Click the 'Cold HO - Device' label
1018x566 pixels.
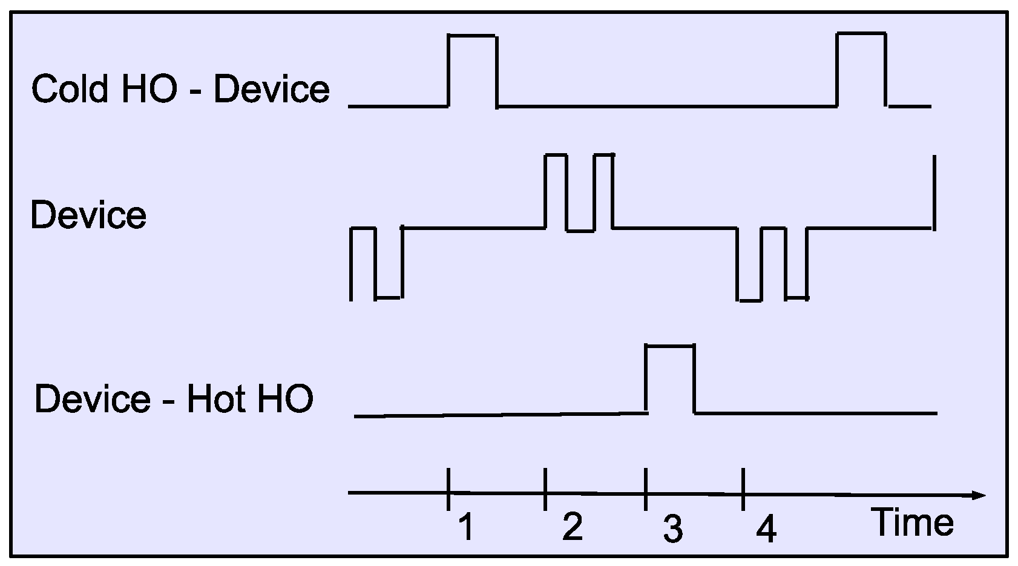click(x=180, y=89)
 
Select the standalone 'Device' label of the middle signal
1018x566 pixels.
click(x=88, y=216)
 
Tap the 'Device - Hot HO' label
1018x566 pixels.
click(x=174, y=399)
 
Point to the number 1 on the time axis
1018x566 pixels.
click(x=465, y=526)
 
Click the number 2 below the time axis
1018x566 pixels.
click(x=572, y=526)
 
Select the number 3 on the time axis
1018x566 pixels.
click(x=672, y=528)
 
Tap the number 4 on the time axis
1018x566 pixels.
click(x=766, y=530)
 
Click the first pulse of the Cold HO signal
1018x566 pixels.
click(x=473, y=70)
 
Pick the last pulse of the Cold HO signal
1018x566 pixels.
click(x=861, y=68)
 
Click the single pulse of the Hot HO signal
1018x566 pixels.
click(x=671, y=378)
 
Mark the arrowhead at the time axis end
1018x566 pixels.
click(x=978, y=496)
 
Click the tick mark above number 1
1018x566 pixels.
click(x=448, y=489)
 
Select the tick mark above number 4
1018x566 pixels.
click(x=743, y=489)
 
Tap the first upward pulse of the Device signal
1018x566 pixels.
click(x=556, y=191)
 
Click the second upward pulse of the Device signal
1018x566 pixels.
click(x=604, y=191)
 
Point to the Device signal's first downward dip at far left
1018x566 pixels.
click(x=389, y=263)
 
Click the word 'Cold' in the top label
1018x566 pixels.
click(x=70, y=89)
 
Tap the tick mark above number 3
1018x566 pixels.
click(x=646, y=489)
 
